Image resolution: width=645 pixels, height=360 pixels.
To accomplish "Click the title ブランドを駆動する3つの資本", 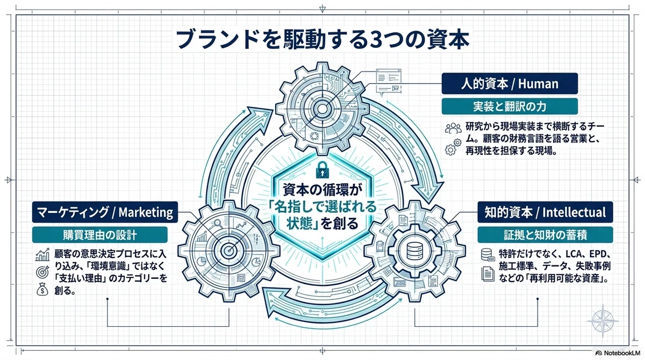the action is pos(322,39).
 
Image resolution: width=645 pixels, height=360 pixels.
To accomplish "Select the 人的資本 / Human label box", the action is pos(510,83).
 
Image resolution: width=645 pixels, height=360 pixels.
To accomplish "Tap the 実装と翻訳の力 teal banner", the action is pos(510,106).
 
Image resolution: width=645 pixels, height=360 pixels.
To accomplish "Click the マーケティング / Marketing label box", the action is pos(105,212).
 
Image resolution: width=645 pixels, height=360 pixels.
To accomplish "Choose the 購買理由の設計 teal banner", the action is pos(99,235).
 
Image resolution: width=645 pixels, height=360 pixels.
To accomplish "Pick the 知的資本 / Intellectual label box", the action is pos(545,212).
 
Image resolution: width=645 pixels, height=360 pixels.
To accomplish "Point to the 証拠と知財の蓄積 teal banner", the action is pos(545,235).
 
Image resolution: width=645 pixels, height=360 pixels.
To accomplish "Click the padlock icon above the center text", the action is pos(322,170).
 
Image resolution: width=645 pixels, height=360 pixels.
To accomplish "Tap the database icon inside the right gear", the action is pos(414,251).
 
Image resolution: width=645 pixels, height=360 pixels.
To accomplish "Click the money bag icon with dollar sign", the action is pos(42,289).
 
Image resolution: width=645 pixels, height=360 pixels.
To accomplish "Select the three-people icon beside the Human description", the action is pos(453,128).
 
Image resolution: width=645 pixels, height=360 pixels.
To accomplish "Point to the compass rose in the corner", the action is pos(603,321).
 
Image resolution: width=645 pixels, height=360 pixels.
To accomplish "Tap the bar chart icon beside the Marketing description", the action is pos(42,255).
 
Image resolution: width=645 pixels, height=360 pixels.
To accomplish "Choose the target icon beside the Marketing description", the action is pos(42,272).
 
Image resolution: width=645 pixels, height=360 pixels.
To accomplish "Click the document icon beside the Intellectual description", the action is pos(488,273).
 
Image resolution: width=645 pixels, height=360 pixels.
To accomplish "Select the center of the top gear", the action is pos(322,109).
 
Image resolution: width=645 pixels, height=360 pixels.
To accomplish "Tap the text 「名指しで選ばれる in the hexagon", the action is pos(322,206).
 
